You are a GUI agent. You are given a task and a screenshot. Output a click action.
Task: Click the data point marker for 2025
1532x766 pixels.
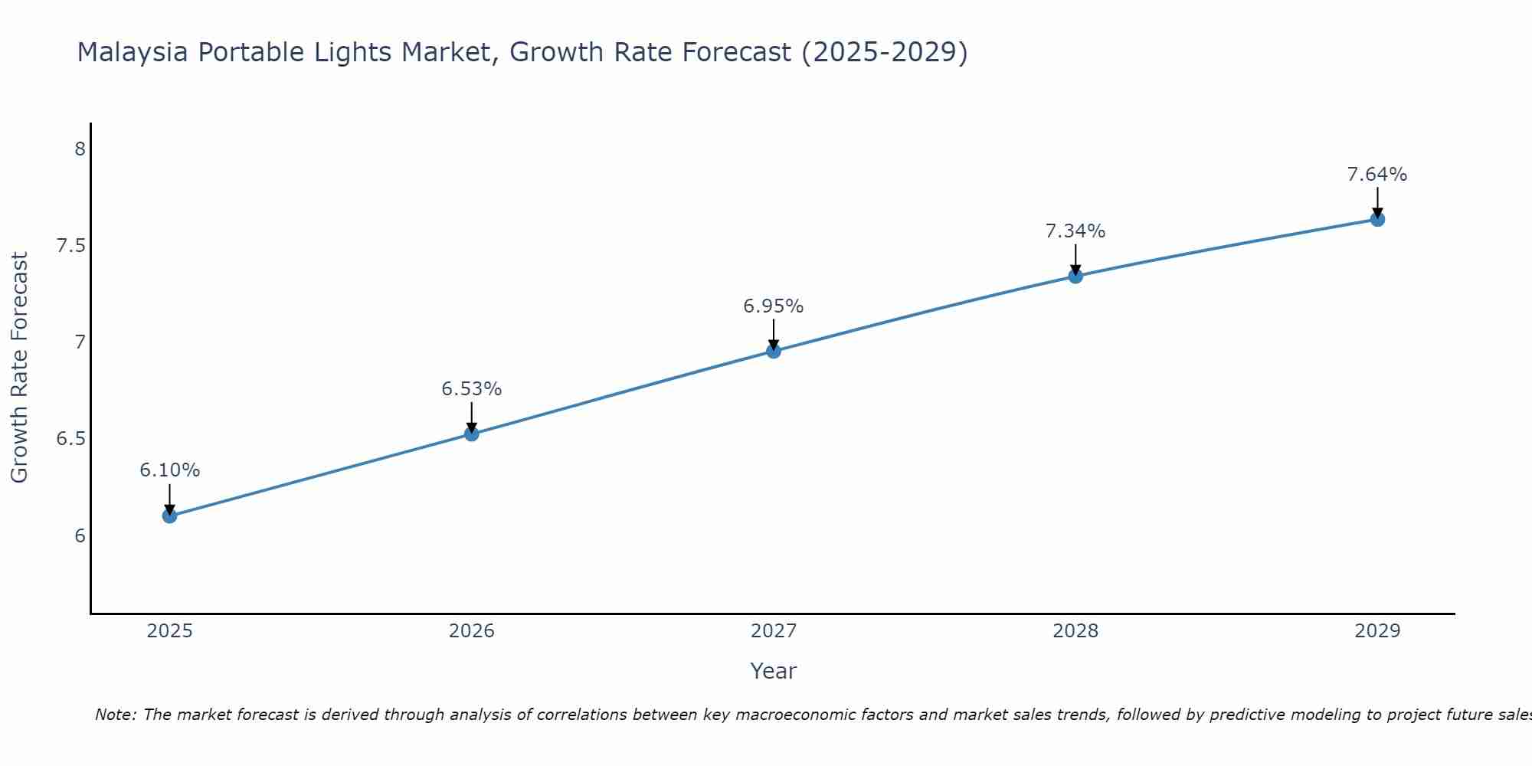170,516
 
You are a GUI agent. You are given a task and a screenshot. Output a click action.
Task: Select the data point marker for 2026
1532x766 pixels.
472,434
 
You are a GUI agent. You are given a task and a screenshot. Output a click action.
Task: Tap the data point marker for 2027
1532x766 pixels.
774,351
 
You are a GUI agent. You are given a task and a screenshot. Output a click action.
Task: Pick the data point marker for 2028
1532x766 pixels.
1075,276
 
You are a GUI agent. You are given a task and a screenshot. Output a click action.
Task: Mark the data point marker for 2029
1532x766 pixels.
1377,219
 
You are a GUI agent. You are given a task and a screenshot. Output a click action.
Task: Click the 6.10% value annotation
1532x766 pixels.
170,470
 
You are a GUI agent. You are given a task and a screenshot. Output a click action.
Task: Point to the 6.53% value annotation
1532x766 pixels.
472,389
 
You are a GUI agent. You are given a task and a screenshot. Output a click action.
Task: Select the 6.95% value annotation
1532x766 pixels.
774,306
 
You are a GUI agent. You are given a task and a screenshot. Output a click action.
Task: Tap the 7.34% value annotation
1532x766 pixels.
1075,231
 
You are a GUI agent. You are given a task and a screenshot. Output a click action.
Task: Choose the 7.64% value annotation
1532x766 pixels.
1377,175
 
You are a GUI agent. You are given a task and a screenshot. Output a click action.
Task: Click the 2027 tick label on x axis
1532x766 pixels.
774,631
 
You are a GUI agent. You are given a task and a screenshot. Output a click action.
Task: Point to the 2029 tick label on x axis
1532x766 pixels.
1377,631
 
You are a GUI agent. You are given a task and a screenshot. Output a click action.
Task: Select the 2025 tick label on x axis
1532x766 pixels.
170,631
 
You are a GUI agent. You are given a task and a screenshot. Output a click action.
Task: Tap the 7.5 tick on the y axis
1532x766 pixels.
70,246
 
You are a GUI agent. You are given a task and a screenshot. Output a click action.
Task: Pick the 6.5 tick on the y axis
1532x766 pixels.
70,439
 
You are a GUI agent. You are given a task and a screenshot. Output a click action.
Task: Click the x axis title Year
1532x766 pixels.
774,671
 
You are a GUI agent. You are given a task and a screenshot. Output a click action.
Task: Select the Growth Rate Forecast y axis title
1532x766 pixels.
20,368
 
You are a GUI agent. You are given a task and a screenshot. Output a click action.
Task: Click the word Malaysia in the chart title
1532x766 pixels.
134,53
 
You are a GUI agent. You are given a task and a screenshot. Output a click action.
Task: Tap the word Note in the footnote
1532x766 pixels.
116,715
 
